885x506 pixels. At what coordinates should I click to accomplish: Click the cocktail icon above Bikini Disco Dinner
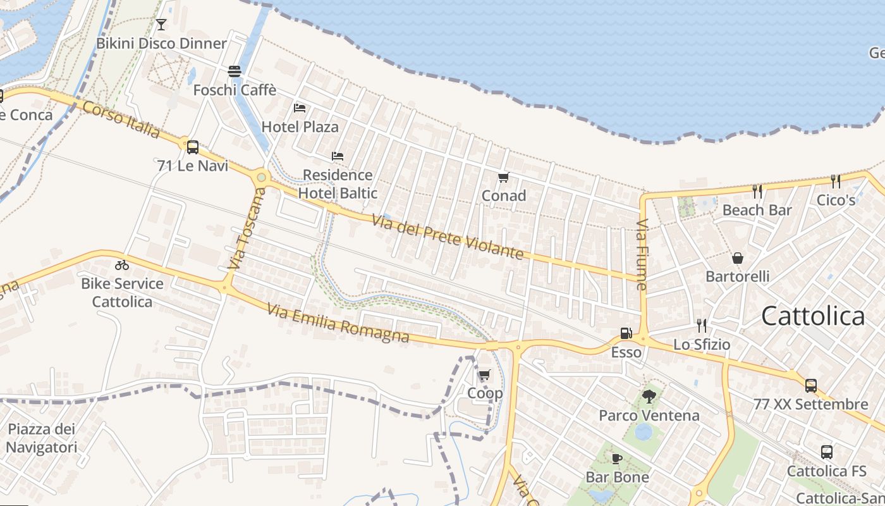tap(161, 25)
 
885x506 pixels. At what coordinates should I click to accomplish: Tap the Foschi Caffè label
tap(235, 90)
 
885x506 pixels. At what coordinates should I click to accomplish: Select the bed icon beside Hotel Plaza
tap(300, 108)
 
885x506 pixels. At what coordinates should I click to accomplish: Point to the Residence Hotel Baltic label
tap(338, 184)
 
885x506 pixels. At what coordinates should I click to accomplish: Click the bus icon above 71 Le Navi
tap(193, 147)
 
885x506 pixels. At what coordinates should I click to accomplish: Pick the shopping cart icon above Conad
tap(503, 177)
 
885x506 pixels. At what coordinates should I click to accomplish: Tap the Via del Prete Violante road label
tap(448, 237)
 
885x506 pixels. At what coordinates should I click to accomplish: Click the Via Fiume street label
tap(642, 254)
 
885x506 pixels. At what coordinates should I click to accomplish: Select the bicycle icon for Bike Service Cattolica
tap(122, 265)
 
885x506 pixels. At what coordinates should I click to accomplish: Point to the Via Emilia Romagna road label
tap(338, 323)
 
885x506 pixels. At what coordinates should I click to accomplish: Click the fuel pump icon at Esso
tap(626, 333)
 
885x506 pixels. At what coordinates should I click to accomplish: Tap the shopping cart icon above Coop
tap(485, 375)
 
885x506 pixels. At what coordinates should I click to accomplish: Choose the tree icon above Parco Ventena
tap(649, 397)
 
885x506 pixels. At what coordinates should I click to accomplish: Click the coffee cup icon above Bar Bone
tap(617, 459)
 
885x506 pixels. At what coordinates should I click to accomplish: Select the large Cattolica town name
tap(813, 316)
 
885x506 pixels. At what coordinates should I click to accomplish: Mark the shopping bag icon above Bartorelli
tap(738, 258)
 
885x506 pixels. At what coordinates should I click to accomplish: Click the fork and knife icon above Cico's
tap(836, 182)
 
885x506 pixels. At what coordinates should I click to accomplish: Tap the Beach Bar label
tap(757, 210)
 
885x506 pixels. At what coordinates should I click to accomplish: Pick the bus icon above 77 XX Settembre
tap(811, 385)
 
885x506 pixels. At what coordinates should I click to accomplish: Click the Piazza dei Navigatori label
tap(42, 438)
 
